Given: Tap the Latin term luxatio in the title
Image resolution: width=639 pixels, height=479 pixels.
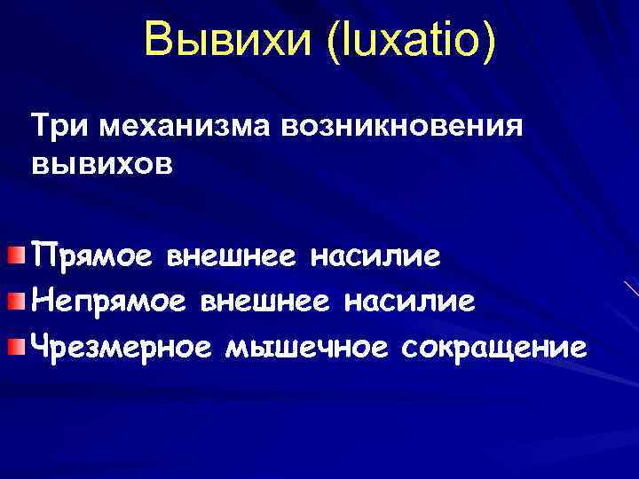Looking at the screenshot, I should click(x=408, y=42).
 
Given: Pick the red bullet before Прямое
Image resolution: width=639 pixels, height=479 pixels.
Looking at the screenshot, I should click(x=17, y=257).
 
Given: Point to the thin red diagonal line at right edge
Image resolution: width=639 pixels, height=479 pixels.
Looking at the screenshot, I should click(x=632, y=288).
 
